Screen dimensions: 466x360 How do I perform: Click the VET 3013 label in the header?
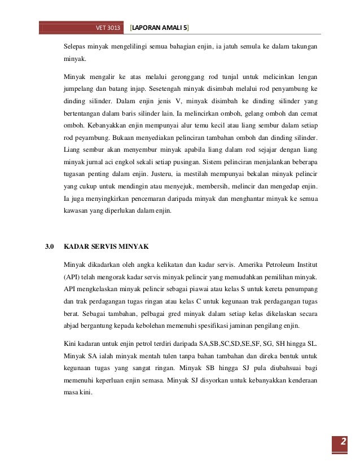[x=108, y=27]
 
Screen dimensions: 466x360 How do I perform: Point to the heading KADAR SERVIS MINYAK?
[x=106, y=247]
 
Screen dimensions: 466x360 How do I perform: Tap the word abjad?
[x=72, y=327]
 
